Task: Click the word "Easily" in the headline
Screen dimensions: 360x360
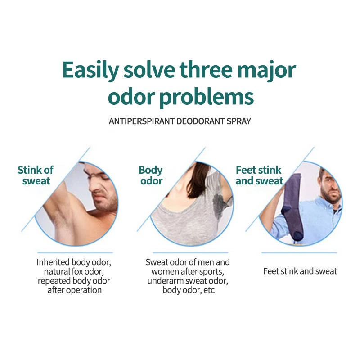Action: (x=90, y=70)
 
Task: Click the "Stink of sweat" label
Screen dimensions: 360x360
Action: (x=36, y=175)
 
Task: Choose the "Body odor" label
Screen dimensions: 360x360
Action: (x=151, y=175)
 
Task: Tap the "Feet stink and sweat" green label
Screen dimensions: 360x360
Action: (x=259, y=175)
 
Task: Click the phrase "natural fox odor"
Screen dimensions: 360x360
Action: (x=74, y=271)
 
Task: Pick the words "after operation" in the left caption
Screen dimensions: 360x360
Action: (x=74, y=290)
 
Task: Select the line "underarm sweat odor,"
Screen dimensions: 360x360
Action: (x=188, y=281)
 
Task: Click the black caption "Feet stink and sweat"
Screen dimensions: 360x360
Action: (x=300, y=271)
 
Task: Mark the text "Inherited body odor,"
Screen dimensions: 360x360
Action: (x=74, y=262)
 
